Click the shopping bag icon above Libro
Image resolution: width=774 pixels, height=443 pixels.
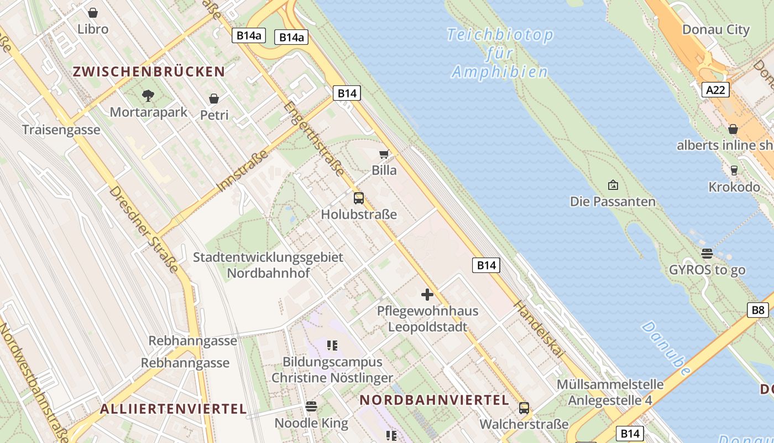pyautogui.click(x=93, y=12)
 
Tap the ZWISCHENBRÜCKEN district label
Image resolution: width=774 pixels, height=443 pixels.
pyautogui.click(x=149, y=71)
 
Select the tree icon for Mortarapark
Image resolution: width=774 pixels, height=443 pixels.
pyautogui.click(x=148, y=96)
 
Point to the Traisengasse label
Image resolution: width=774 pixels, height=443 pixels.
pyautogui.click(x=61, y=130)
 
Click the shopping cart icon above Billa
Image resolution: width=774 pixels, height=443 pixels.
pyautogui.click(x=384, y=154)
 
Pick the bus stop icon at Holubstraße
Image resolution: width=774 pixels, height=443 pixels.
pyautogui.click(x=359, y=198)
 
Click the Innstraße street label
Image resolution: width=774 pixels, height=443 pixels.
pyautogui.click(x=243, y=170)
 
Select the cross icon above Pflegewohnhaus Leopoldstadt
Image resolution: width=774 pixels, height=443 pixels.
pyautogui.click(x=427, y=294)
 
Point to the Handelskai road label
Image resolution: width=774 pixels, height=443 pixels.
pyautogui.click(x=539, y=329)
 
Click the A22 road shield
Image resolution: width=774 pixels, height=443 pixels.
pyautogui.click(x=715, y=90)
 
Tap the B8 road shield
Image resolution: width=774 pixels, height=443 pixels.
pyautogui.click(x=757, y=310)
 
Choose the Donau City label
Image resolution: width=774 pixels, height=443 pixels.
pyautogui.click(x=716, y=29)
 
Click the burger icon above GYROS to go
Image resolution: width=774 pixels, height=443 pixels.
pyautogui.click(x=707, y=254)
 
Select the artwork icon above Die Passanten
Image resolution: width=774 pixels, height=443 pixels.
pyautogui.click(x=613, y=185)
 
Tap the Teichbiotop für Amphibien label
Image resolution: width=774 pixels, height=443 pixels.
pyautogui.click(x=500, y=53)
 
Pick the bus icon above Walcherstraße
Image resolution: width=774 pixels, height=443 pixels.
pyautogui.click(x=524, y=408)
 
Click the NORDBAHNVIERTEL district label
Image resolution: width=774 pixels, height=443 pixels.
pyautogui.click(x=434, y=400)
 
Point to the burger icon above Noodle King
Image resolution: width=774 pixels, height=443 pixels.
pyautogui.click(x=311, y=406)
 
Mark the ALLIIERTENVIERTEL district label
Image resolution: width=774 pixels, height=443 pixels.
pyautogui.click(x=173, y=409)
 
